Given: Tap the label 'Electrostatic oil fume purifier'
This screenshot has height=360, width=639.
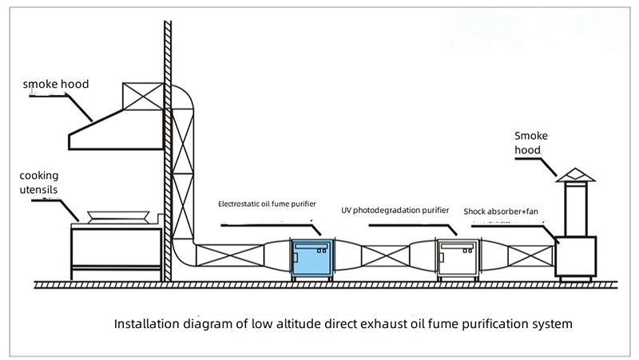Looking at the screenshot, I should (x=267, y=204).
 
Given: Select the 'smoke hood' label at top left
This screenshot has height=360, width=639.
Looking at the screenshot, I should (x=56, y=83).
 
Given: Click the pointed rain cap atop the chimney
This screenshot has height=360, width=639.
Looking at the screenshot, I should (x=576, y=174).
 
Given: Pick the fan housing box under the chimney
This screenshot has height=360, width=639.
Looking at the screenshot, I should (x=576, y=255).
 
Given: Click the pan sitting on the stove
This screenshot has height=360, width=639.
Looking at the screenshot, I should (x=116, y=216).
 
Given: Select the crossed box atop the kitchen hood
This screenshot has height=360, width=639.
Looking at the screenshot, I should (x=143, y=97).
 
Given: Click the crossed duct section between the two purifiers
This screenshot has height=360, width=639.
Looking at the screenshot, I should (x=385, y=257).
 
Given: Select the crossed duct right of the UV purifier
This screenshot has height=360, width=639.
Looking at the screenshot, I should (x=530, y=255).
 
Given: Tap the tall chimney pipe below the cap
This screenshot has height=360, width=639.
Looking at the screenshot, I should (x=576, y=209).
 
